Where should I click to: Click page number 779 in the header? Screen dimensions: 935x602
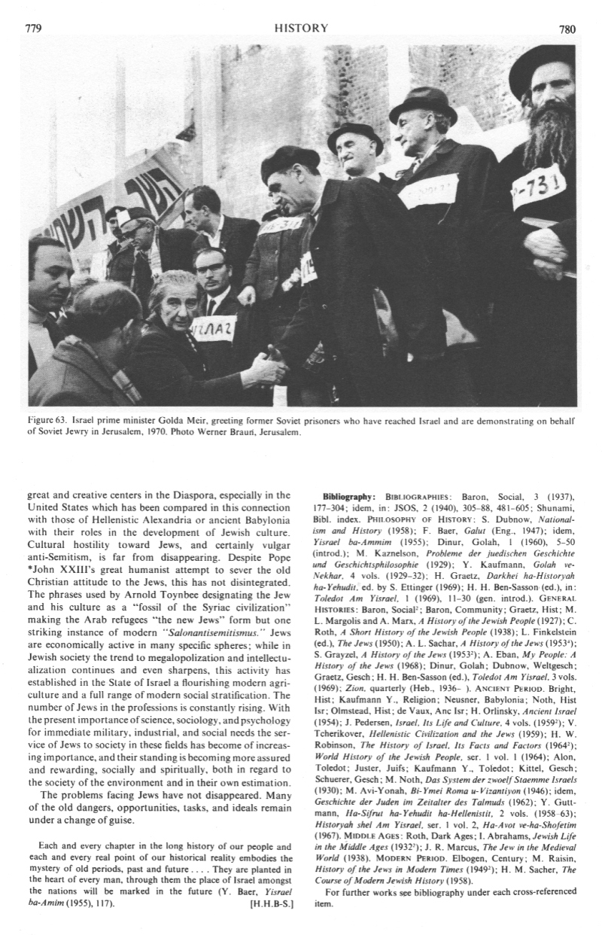33,29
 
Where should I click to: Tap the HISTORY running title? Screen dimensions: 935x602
301,29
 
